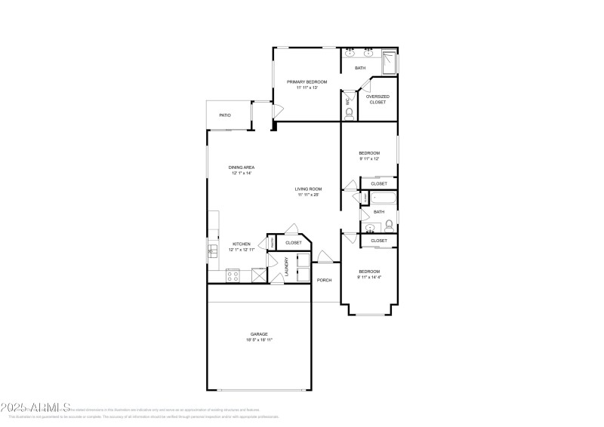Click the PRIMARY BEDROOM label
pyautogui.click(x=307, y=81)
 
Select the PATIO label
pyautogui.click(x=225, y=115)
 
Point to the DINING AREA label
pyautogui.click(x=242, y=167)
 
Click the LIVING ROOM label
pyautogui.click(x=309, y=189)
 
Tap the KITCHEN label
pyautogui.click(x=242, y=244)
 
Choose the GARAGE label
pyautogui.click(x=259, y=333)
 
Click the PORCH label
pyautogui.click(x=324, y=280)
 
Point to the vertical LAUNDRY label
pyautogui.click(x=287, y=268)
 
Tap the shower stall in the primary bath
pyautogui.click(x=389, y=62)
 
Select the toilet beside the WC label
pyautogui.click(x=349, y=114)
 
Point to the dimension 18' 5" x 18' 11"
pyautogui.click(x=259, y=340)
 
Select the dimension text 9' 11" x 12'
pyautogui.click(x=369, y=159)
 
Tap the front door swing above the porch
pyautogui.click(x=323, y=256)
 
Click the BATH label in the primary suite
pyautogui.click(x=360, y=69)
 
